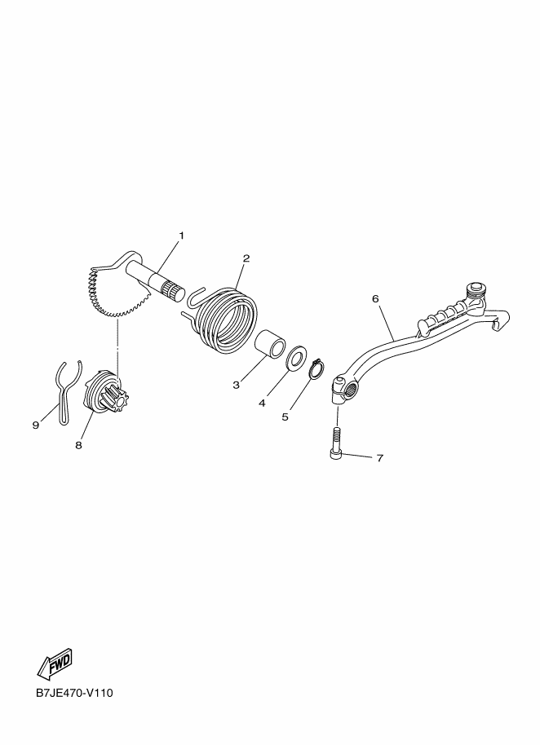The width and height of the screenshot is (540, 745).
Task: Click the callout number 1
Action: click(181, 236)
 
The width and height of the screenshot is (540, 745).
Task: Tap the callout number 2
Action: click(246, 258)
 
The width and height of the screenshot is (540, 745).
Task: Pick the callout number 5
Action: click(285, 417)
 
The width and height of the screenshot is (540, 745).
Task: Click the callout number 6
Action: click(375, 298)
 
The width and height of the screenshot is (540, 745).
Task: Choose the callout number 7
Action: click(380, 458)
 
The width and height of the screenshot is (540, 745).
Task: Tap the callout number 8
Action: click(78, 445)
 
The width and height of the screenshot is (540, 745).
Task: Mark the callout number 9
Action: click(36, 425)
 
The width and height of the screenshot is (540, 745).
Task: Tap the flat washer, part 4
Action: click(297, 357)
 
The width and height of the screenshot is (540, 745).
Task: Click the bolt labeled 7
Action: click(337, 442)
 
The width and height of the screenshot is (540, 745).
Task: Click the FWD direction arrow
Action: click(55, 663)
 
